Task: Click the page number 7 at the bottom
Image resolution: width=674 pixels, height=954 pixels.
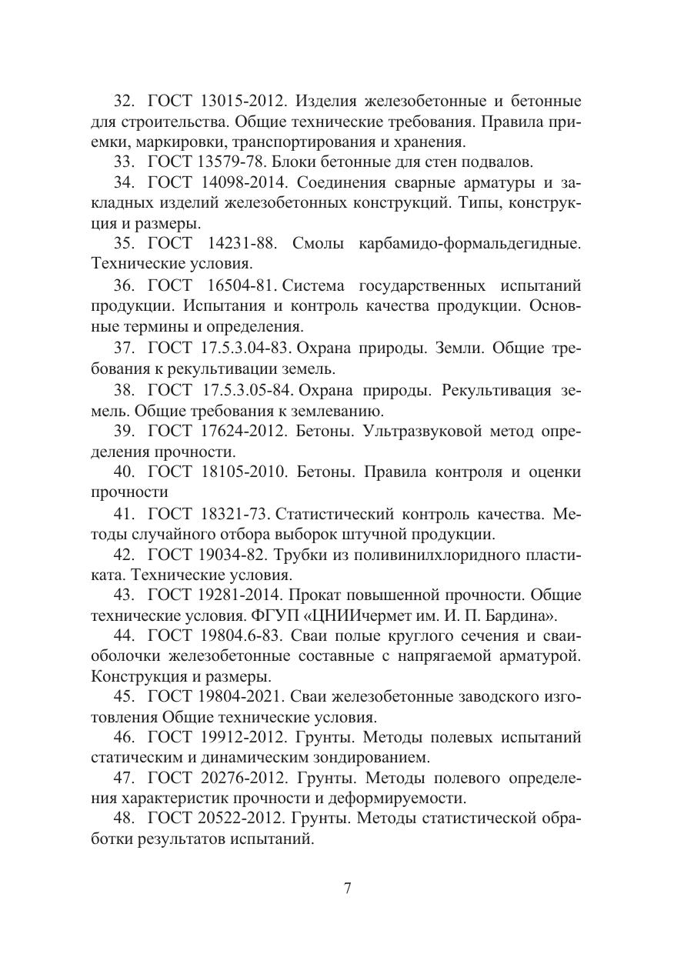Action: pos(347,889)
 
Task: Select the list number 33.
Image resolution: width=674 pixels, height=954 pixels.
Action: pos(125,162)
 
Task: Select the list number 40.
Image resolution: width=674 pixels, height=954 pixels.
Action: pos(125,472)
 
